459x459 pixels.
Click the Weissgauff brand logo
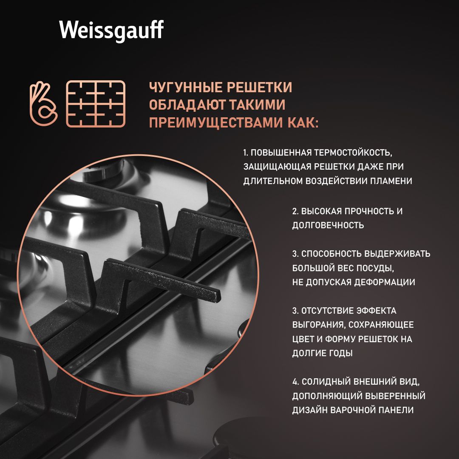(111, 30)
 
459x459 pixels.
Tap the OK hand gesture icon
(44, 104)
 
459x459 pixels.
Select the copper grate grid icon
(96, 104)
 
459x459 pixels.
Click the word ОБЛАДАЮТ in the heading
(187, 105)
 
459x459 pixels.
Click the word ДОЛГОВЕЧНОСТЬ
(328, 225)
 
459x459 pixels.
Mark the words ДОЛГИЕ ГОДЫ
(322, 353)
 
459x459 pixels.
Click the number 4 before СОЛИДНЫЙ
(295, 382)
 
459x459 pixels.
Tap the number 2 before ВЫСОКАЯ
(295, 211)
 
